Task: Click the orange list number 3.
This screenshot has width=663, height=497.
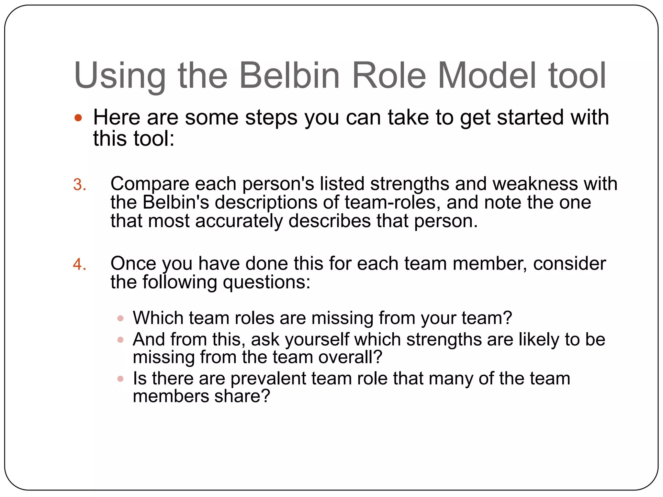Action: [80, 185]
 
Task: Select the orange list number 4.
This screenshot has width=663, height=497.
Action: [80, 265]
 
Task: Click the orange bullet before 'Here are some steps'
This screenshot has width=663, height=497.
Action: [78, 118]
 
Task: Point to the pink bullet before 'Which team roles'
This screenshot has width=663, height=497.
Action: [120, 318]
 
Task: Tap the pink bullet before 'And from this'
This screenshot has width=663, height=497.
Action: [120, 340]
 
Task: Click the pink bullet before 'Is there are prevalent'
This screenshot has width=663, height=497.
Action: [120, 379]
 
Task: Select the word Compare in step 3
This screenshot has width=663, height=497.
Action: [150, 184]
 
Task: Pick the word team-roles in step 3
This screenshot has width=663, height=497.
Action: [392, 203]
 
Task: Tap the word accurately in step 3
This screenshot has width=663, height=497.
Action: [239, 221]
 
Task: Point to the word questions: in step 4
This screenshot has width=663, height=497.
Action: [266, 282]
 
